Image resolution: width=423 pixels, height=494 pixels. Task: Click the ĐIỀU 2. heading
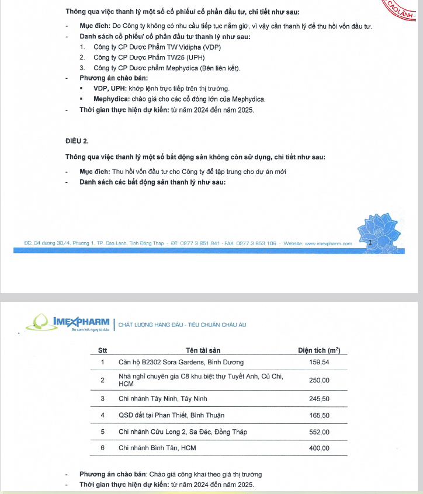point(77,141)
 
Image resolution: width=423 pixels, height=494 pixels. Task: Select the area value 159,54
point(319,363)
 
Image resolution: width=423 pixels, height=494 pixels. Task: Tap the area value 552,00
point(319,432)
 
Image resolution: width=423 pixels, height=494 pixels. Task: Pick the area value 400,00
point(319,448)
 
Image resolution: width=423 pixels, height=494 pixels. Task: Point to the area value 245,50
point(319,398)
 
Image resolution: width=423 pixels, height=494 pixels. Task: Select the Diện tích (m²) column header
point(319,350)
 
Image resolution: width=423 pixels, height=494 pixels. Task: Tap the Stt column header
point(102,350)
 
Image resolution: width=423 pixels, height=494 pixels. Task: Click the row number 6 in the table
point(102,448)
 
